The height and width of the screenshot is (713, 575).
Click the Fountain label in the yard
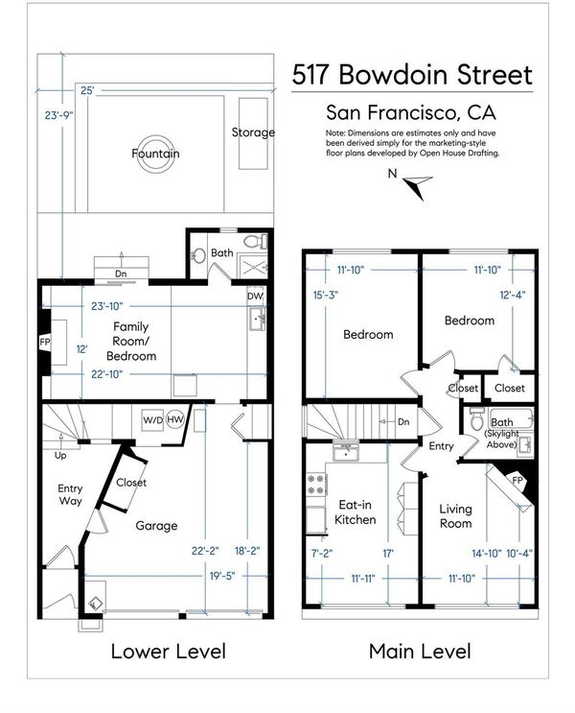point(155,154)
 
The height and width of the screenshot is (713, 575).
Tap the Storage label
point(253,132)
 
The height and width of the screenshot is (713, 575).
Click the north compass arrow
point(418,186)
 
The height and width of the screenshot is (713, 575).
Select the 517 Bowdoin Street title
point(412,75)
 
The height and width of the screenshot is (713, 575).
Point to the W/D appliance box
point(152,420)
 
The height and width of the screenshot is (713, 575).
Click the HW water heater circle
point(174,419)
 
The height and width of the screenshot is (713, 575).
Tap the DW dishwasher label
point(255,296)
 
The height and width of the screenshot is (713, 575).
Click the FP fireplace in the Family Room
point(45,342)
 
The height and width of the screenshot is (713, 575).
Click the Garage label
point(156,526)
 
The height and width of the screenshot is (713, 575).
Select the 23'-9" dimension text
point(58,115)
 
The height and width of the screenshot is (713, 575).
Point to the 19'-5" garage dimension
point(222,576)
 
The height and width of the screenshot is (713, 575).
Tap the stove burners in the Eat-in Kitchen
point(316,485)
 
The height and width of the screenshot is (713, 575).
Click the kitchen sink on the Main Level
point(346,452)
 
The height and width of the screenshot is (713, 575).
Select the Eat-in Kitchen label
point(356,512)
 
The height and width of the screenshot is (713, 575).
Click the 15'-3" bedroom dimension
point(326,296)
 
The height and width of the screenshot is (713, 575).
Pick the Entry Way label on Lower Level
point(70,495)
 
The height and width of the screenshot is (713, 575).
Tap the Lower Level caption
point(169,652)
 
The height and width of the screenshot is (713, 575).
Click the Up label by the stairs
point(60,455)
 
